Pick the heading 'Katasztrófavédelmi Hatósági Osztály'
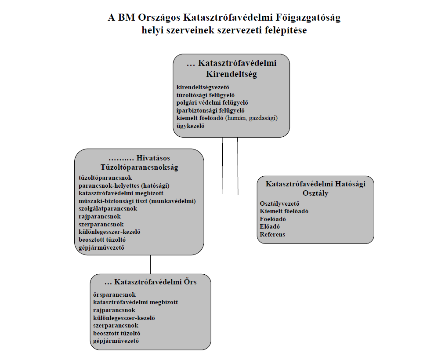(315, 188)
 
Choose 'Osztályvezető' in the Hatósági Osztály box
(279, 204)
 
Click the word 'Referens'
(272, 234)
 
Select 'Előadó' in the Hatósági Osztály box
(270, 227)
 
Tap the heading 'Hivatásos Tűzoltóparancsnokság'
(139, 162)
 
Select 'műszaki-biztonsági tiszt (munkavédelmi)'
(137, 201)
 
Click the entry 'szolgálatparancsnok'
(108, 208)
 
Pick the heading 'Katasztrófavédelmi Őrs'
(150, 282)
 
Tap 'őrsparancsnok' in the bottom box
(114, 295)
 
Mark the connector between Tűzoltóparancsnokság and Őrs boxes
(150, 264)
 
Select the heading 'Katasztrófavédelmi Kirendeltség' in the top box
(232, 68)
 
